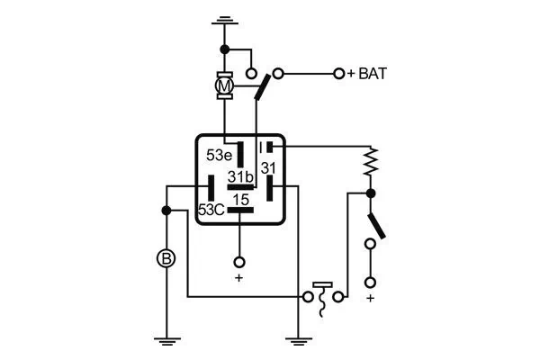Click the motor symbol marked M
[225, 85]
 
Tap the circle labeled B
[166, 258]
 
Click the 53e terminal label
[220, 155]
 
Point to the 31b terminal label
[241, 175]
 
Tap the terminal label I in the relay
[261, 146]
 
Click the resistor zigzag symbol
[369, 165]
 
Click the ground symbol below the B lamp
[166, 340]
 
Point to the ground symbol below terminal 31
[296, 340]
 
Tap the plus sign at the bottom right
[369, 297]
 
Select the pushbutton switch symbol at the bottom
[319, 297]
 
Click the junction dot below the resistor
[369, 193]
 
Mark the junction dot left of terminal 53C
[166, 211]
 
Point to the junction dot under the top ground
[224, 50]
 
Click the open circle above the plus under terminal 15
[239, 262]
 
